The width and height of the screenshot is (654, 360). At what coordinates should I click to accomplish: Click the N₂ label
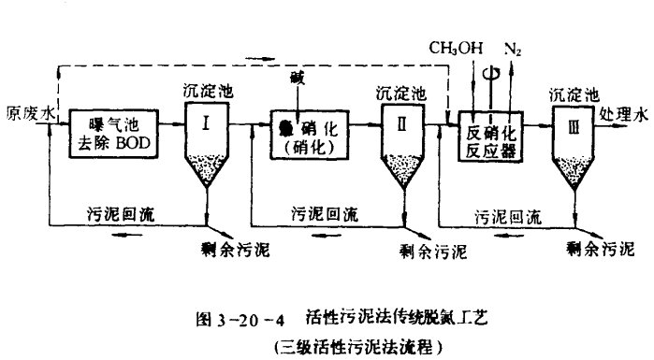[x=514, y=46]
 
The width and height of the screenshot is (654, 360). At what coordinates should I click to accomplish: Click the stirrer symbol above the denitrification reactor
[x=487, y=73]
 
